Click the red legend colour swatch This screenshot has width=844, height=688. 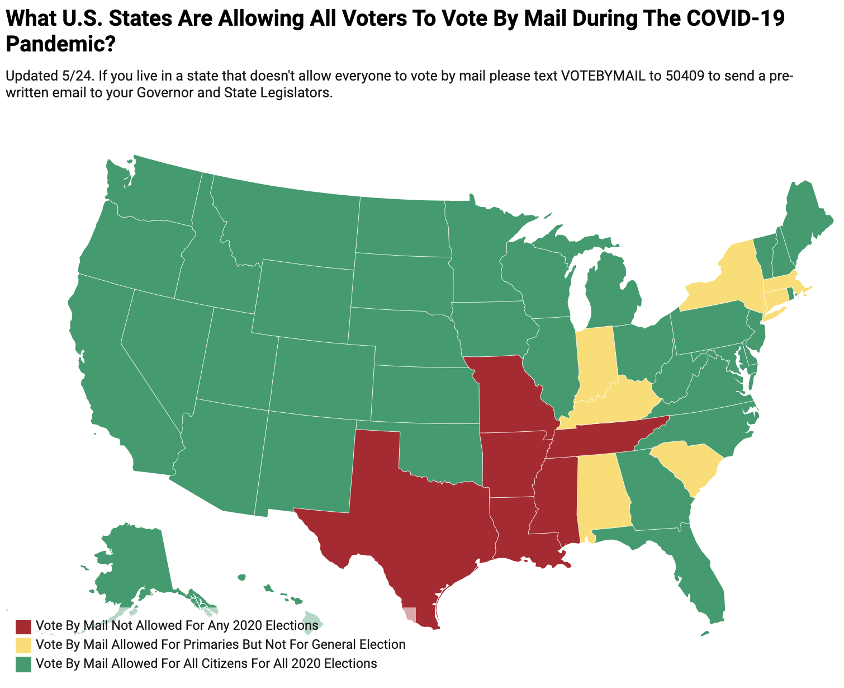click(23, 625)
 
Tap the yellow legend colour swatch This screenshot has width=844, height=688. click(23, 644)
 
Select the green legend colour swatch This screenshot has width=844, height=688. click(23, 664)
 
